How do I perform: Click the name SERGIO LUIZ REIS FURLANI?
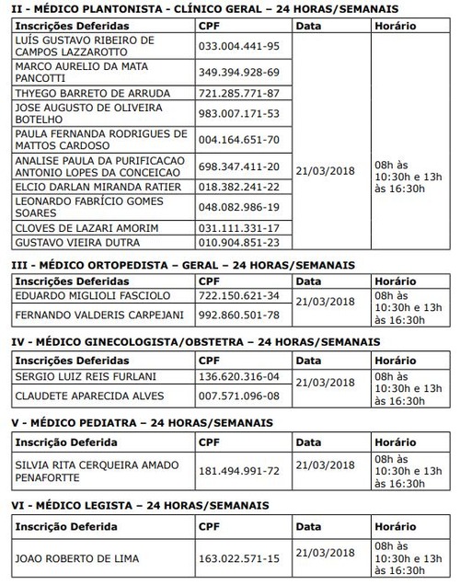[x=85, y=375]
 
